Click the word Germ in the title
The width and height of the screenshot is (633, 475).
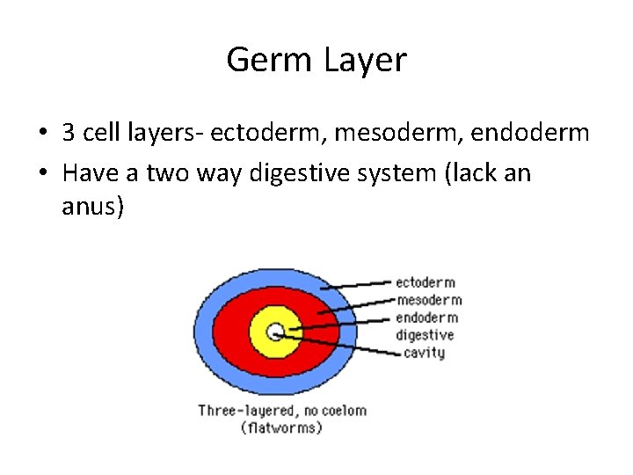pos(270,60)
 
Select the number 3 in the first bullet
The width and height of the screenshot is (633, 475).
pos(68,133)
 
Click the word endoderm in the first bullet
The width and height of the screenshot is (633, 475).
pos(531,133)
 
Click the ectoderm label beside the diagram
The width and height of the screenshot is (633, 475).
pos(426,282)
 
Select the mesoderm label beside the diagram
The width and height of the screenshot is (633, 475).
pos(429,300)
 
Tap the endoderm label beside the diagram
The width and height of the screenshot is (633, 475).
pos(427,318)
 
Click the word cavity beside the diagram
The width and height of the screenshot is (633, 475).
pos(424,353)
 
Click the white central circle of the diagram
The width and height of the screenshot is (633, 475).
pos(274,332)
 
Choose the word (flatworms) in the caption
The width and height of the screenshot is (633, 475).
pos(281,428)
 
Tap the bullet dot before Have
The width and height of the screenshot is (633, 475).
pos(42,173)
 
